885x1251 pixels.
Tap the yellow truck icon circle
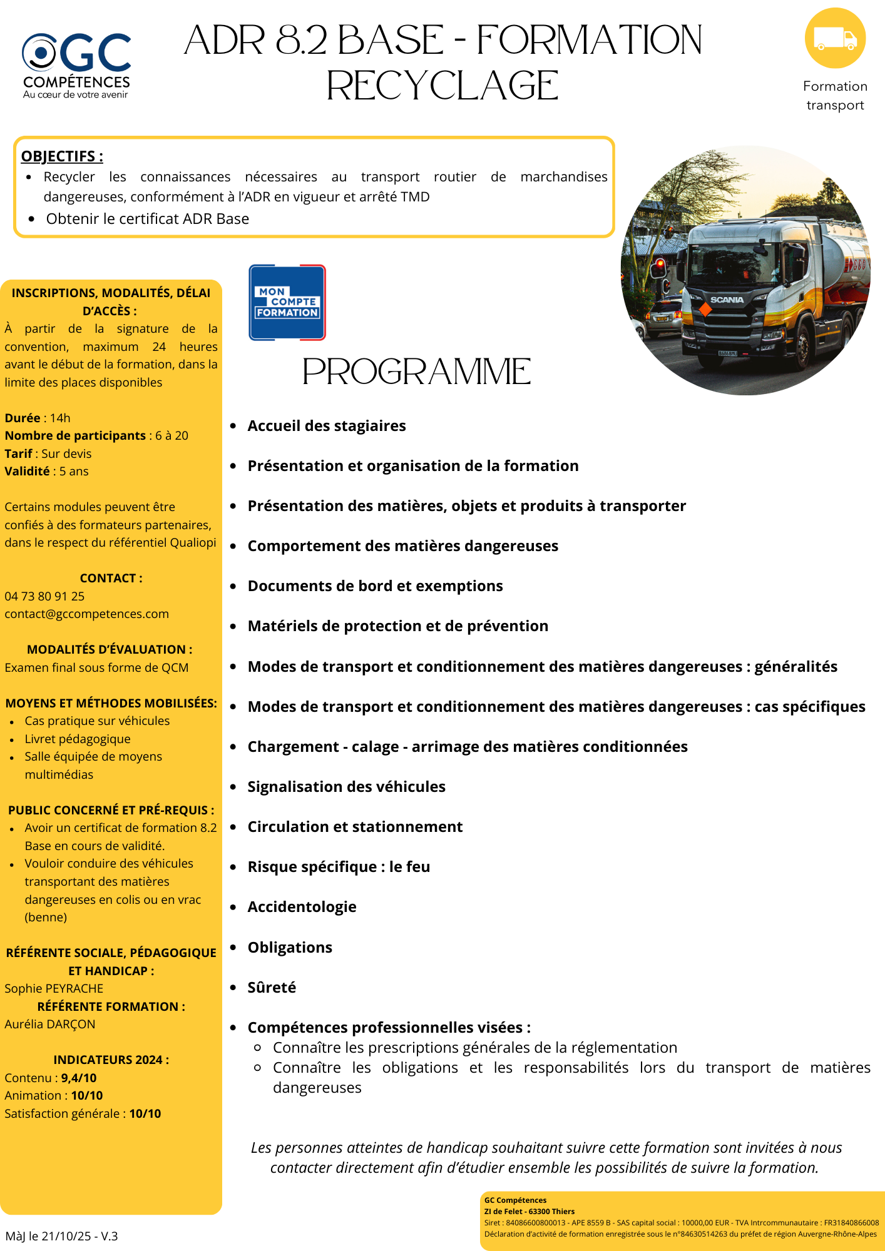coord(835,38)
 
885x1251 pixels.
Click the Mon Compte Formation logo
coord(287,303)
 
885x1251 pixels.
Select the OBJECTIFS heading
coord(62,156)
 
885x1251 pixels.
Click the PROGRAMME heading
coord(417,372)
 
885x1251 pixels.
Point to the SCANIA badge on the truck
coord(727,300)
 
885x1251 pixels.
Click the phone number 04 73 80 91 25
coord(44,596)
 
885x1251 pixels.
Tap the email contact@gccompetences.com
coord(86,614)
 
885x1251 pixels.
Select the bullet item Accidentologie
coord(302,907)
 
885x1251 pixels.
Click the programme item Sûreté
coord(272,987)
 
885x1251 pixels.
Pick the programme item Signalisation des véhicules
coord(346,787)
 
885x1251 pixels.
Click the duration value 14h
coord(60,418)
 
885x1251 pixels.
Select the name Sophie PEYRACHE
coord(54,988)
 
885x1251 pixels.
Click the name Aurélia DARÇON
coord(50,1024)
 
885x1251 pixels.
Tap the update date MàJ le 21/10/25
coord(61,1236)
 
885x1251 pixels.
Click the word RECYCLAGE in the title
coord(442,86)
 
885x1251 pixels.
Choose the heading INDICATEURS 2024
coord(111,1060)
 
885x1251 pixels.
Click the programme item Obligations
coord(290,947)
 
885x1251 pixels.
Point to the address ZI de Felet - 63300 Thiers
coord(529,1211)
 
